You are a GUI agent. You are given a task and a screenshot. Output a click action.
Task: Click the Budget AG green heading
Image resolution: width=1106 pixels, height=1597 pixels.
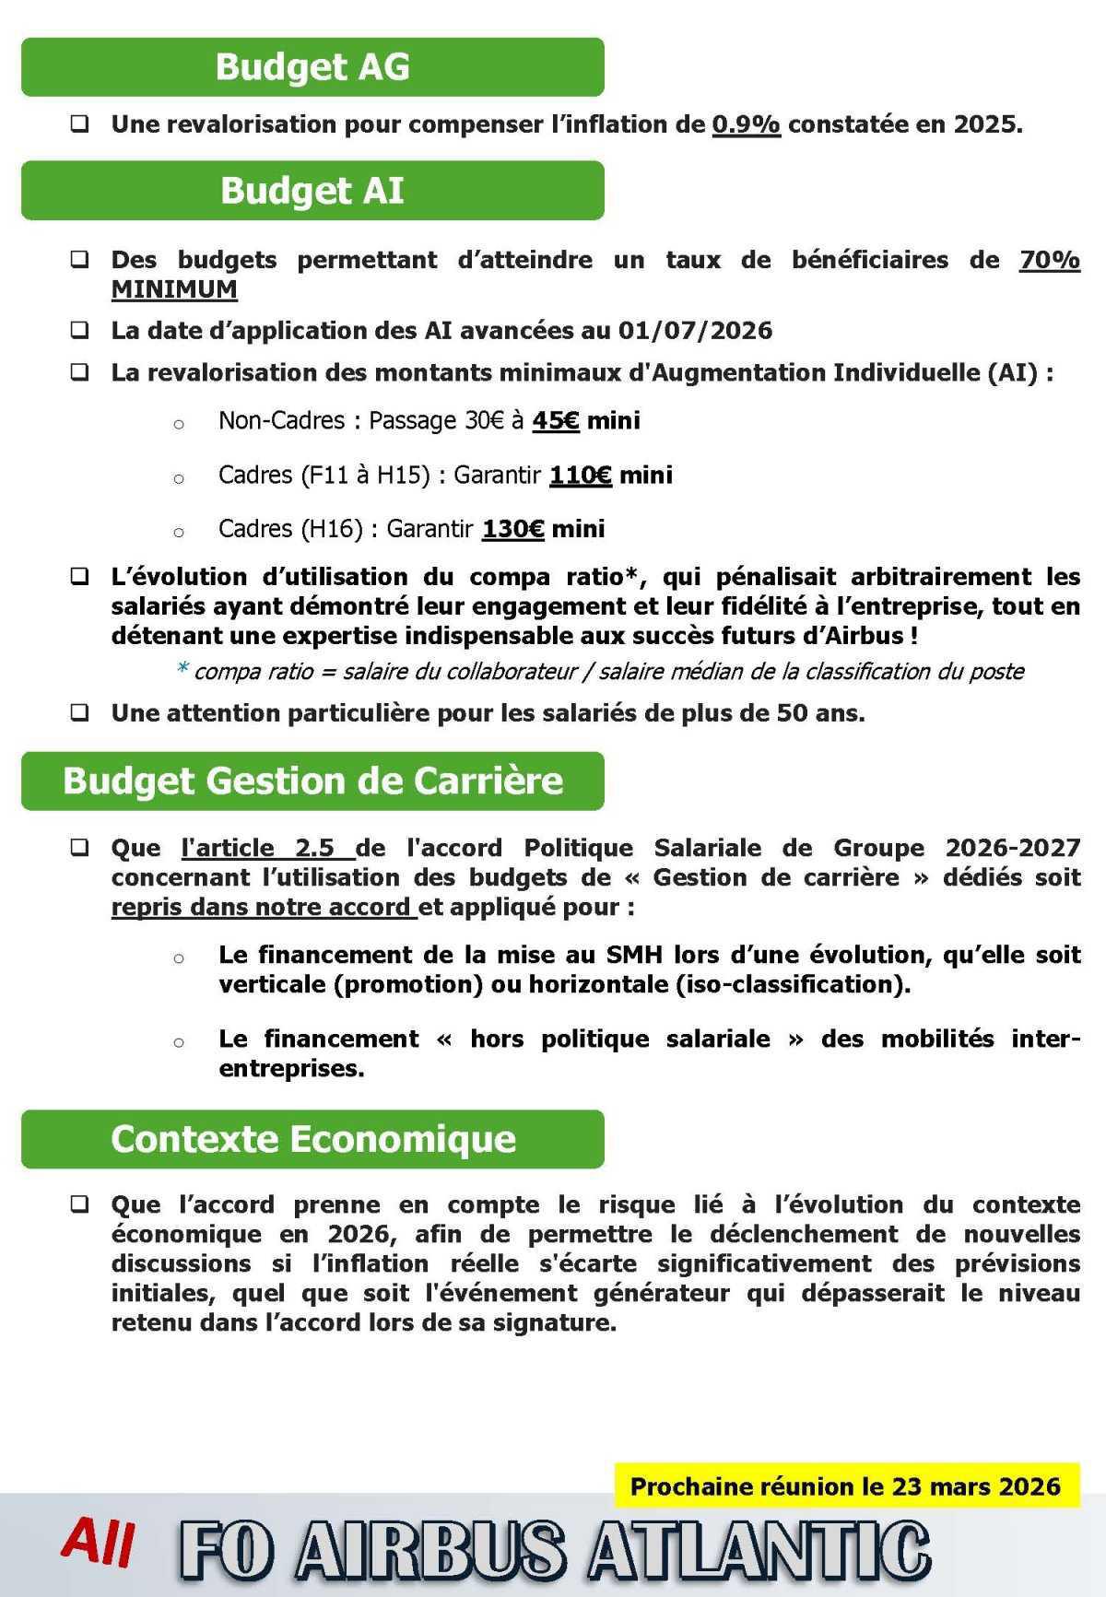point(312,67)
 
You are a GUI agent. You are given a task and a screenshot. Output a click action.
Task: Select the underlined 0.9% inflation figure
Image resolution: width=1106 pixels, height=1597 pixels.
point(747,124)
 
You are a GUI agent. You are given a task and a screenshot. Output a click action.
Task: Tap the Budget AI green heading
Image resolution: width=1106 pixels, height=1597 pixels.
point(312,191)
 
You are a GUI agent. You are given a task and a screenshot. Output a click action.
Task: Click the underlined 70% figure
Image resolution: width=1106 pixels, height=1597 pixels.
point(1050,260)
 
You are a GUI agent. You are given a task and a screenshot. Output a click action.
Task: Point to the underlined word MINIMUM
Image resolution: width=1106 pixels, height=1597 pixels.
point(174,289)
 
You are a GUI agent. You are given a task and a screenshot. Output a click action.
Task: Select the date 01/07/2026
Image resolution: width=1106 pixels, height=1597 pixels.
point(696,331)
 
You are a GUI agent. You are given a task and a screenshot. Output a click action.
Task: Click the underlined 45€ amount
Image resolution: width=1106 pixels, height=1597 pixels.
point(556,421)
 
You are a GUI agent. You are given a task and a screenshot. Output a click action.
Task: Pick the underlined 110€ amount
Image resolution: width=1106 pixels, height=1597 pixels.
point(581,476)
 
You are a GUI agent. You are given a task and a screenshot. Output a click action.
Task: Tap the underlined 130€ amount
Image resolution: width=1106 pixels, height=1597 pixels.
point(513,529)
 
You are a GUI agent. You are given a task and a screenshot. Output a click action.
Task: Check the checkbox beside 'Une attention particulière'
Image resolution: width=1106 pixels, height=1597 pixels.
point(80,712)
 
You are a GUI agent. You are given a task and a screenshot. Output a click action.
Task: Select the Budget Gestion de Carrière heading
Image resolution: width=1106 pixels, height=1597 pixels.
point(312,781)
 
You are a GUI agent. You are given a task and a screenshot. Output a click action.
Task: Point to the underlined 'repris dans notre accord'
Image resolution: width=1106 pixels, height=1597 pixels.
point(264,907)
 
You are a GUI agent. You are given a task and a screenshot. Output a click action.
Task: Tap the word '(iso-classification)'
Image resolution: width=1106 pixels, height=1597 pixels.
point(793,984)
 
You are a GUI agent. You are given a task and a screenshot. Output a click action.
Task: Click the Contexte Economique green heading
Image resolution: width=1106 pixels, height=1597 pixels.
point(312,1139)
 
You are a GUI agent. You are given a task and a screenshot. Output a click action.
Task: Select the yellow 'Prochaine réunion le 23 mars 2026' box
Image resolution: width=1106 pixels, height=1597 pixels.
point(845,1486)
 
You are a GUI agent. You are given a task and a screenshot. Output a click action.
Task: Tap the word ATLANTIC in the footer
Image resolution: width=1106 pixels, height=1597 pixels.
point(759,1553)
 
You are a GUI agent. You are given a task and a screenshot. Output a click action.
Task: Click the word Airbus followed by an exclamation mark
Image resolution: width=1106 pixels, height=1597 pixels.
point(869,636)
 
